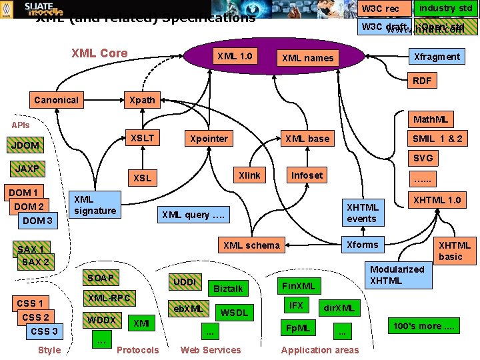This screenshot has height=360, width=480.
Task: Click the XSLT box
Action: (x=142, y=138)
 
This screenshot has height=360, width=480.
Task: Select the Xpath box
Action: (x=142, y=100)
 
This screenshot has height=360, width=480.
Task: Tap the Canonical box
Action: (x=56, y=100)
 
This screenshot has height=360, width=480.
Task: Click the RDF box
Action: (x=422, y=81)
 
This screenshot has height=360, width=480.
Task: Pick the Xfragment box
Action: (x=437, y=57)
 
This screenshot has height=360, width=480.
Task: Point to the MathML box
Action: (x=431, y=120)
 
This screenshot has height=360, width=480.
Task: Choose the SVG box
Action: (x=423, y=158)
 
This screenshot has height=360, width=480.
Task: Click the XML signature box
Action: (x=95, y=205)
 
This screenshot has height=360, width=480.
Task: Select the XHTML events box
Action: (x=362, y=213)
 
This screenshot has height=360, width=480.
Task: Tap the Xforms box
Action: (x=362, y=245)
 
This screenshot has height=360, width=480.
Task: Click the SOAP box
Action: (x=100, y=277)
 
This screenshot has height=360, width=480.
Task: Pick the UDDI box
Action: (x=185, y=282)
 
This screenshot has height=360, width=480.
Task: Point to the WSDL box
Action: (x=233, y=313)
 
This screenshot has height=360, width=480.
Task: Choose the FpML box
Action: (x=297, y=329)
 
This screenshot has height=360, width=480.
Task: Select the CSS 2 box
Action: (x=35, y=317)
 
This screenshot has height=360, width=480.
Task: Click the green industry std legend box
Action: (x=445, y=8)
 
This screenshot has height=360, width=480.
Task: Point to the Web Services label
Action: (x=211, y=350)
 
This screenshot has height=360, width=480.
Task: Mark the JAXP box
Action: (x=27, y=169)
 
